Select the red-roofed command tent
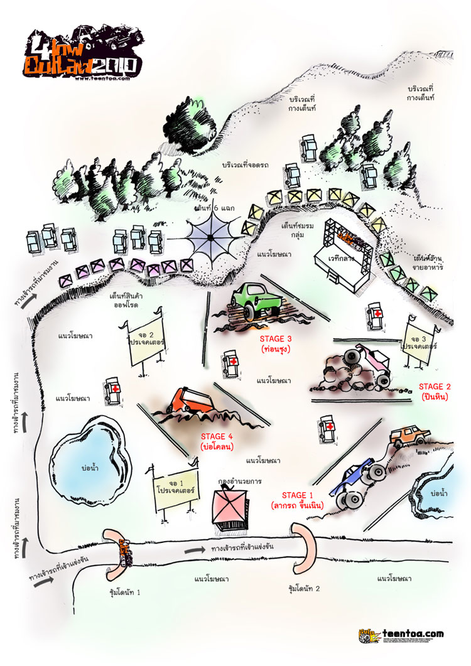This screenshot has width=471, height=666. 230,508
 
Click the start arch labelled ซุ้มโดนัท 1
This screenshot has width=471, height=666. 119,555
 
